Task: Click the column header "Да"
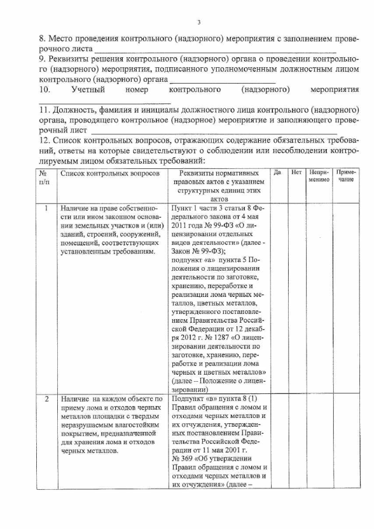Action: [278, 174]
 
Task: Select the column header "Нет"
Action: [296, 174]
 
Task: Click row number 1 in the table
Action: [44, 208]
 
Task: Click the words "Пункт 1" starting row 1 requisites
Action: [185, 208]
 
